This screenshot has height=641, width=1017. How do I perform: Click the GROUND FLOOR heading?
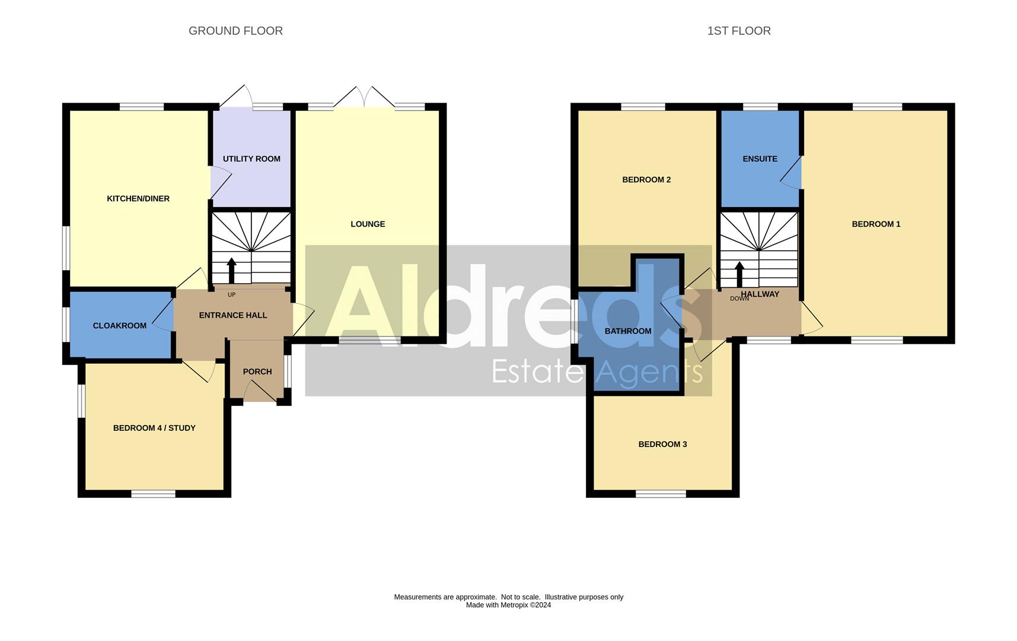click(x=235, y=31)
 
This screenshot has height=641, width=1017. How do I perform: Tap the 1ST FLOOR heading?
click(x=739, y=31)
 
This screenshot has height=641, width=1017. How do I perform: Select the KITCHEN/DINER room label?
click(x=138, y=199)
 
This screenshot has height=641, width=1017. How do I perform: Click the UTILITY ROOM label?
click(x=251, y=159)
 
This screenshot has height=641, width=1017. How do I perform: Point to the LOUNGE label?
click(x=368, y=224)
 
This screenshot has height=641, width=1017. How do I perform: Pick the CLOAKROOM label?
click(x=120, y=326)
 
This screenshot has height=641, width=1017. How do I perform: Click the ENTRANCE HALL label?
click(x=233, y=315)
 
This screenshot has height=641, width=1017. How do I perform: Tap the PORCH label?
click(x=257, y=372)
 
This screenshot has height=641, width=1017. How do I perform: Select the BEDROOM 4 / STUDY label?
click(x=154, y=428)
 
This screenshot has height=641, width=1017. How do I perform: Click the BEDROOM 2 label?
click(x=646, y=180)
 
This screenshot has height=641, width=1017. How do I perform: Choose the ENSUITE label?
click(x=760, y=159)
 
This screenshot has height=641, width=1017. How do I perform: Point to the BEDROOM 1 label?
click(x=876, y=224)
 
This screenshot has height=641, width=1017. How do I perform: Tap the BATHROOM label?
click(x=628, y=331)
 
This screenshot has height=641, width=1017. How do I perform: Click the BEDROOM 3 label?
click(x=662, y=444)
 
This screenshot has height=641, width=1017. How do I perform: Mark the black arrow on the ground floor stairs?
click(x=231, y=270)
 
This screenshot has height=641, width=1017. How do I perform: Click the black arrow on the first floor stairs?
click(x=739, y=274)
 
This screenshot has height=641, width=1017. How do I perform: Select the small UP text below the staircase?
click(x=231, y=295)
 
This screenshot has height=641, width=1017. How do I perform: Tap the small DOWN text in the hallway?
click(x=739, y=299)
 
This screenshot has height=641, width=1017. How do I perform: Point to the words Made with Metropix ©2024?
click(x=508, y=605)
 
